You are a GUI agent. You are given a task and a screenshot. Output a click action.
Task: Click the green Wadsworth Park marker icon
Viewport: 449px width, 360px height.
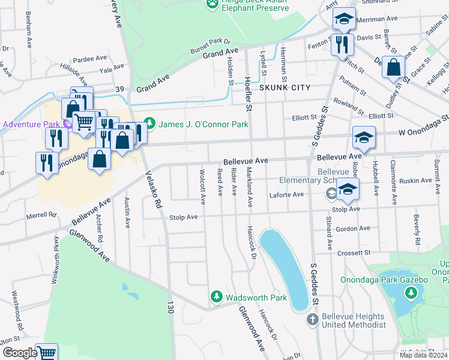pyautogui.click(x=217, y=296)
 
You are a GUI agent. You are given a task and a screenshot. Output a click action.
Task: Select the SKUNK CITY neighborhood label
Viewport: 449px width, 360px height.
pyautogui.click(x=285, y=88)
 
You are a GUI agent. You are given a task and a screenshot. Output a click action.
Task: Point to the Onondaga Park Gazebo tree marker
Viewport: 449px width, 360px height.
pyautogui.click(x=411, y=293)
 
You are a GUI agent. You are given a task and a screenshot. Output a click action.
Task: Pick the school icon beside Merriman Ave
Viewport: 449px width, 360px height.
pyautogui.click(x=345, y=20)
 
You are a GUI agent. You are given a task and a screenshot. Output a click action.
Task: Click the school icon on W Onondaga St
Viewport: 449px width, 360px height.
pyautogui.click(x=364, y=139)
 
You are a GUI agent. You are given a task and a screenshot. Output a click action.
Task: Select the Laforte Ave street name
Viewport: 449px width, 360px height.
pyautogui.click(x=286, y=194)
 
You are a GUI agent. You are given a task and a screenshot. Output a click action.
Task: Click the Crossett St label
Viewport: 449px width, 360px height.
pyautogui.click(x=354, y=253)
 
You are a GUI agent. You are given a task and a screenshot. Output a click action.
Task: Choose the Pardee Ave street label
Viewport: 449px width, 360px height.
pyautogui.click(x=89, y=59)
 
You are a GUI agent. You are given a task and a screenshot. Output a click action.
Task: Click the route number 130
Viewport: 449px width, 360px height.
pyautogui.click(x=170, y=308)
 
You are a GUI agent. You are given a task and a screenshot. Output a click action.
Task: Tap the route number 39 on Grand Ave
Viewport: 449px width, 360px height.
pyautogui.click(x=120, y=89)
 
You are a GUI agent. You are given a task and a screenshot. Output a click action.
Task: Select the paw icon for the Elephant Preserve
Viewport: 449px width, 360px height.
pyautogui.click(x=211, y=4)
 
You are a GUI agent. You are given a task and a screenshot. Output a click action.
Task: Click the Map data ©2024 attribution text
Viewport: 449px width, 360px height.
pyautogui.click(x=423, y=355)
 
